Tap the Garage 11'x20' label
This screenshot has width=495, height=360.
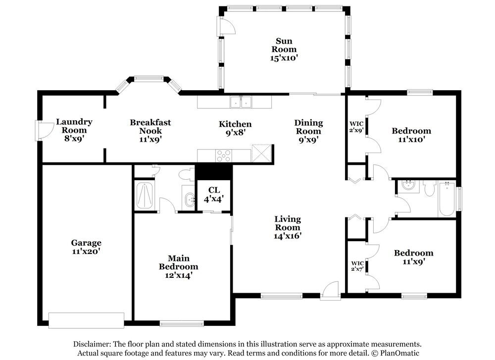pyautogui.click(x=86, y=247)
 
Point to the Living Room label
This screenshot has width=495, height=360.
pyautogui.click(x=288, y=227)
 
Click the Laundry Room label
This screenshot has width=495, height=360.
pyautogui.click(x=74, y=130)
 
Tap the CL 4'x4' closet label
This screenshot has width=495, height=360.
pyautogui.click(x=214, y=194)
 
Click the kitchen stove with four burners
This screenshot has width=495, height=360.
pyautogui.click(x=223, y=155)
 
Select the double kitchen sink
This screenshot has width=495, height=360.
pyautogui.click(x=241, y=103)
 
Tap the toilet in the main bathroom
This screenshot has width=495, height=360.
pyautogui.click(x=187, y=174)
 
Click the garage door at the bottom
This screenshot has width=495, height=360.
pyautogui.click(x=86, y=320)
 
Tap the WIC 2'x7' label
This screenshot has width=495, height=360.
pyautogui.click(x=357, y=266)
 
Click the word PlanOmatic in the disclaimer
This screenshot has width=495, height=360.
pyautogui.click(x=398, y=353)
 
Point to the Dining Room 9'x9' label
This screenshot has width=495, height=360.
pyautogui.click(x=308, y=131)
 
